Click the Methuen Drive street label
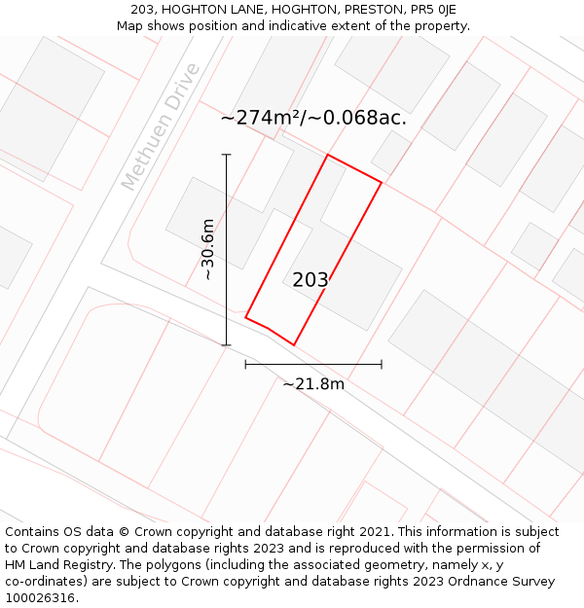(x=162, y=126)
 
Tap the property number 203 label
(x=310, y=280)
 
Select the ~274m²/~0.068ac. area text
(x=313, y=118)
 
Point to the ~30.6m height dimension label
(x=207, y=250)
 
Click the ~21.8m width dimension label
(x=313, y=384)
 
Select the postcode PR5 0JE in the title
(x=433, y=10)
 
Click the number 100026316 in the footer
(x=41, y=598)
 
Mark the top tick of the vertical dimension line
(x=227, y=155)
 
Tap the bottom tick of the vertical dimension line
(x=227, y=345)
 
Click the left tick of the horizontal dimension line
(x=245, y=364)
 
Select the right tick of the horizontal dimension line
(x=382, y=364)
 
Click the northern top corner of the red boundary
(x=327, y=154)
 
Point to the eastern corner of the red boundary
(x=382, y=183)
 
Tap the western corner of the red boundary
(x=245, y=317)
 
